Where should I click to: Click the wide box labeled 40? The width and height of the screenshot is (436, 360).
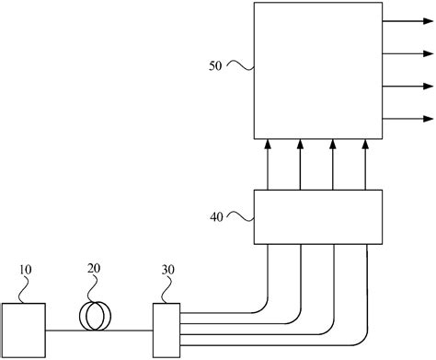pos(317,217)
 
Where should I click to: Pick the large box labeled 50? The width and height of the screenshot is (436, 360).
pos(317,69)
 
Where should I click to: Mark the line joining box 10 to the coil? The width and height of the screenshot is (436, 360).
pos(65,330)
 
